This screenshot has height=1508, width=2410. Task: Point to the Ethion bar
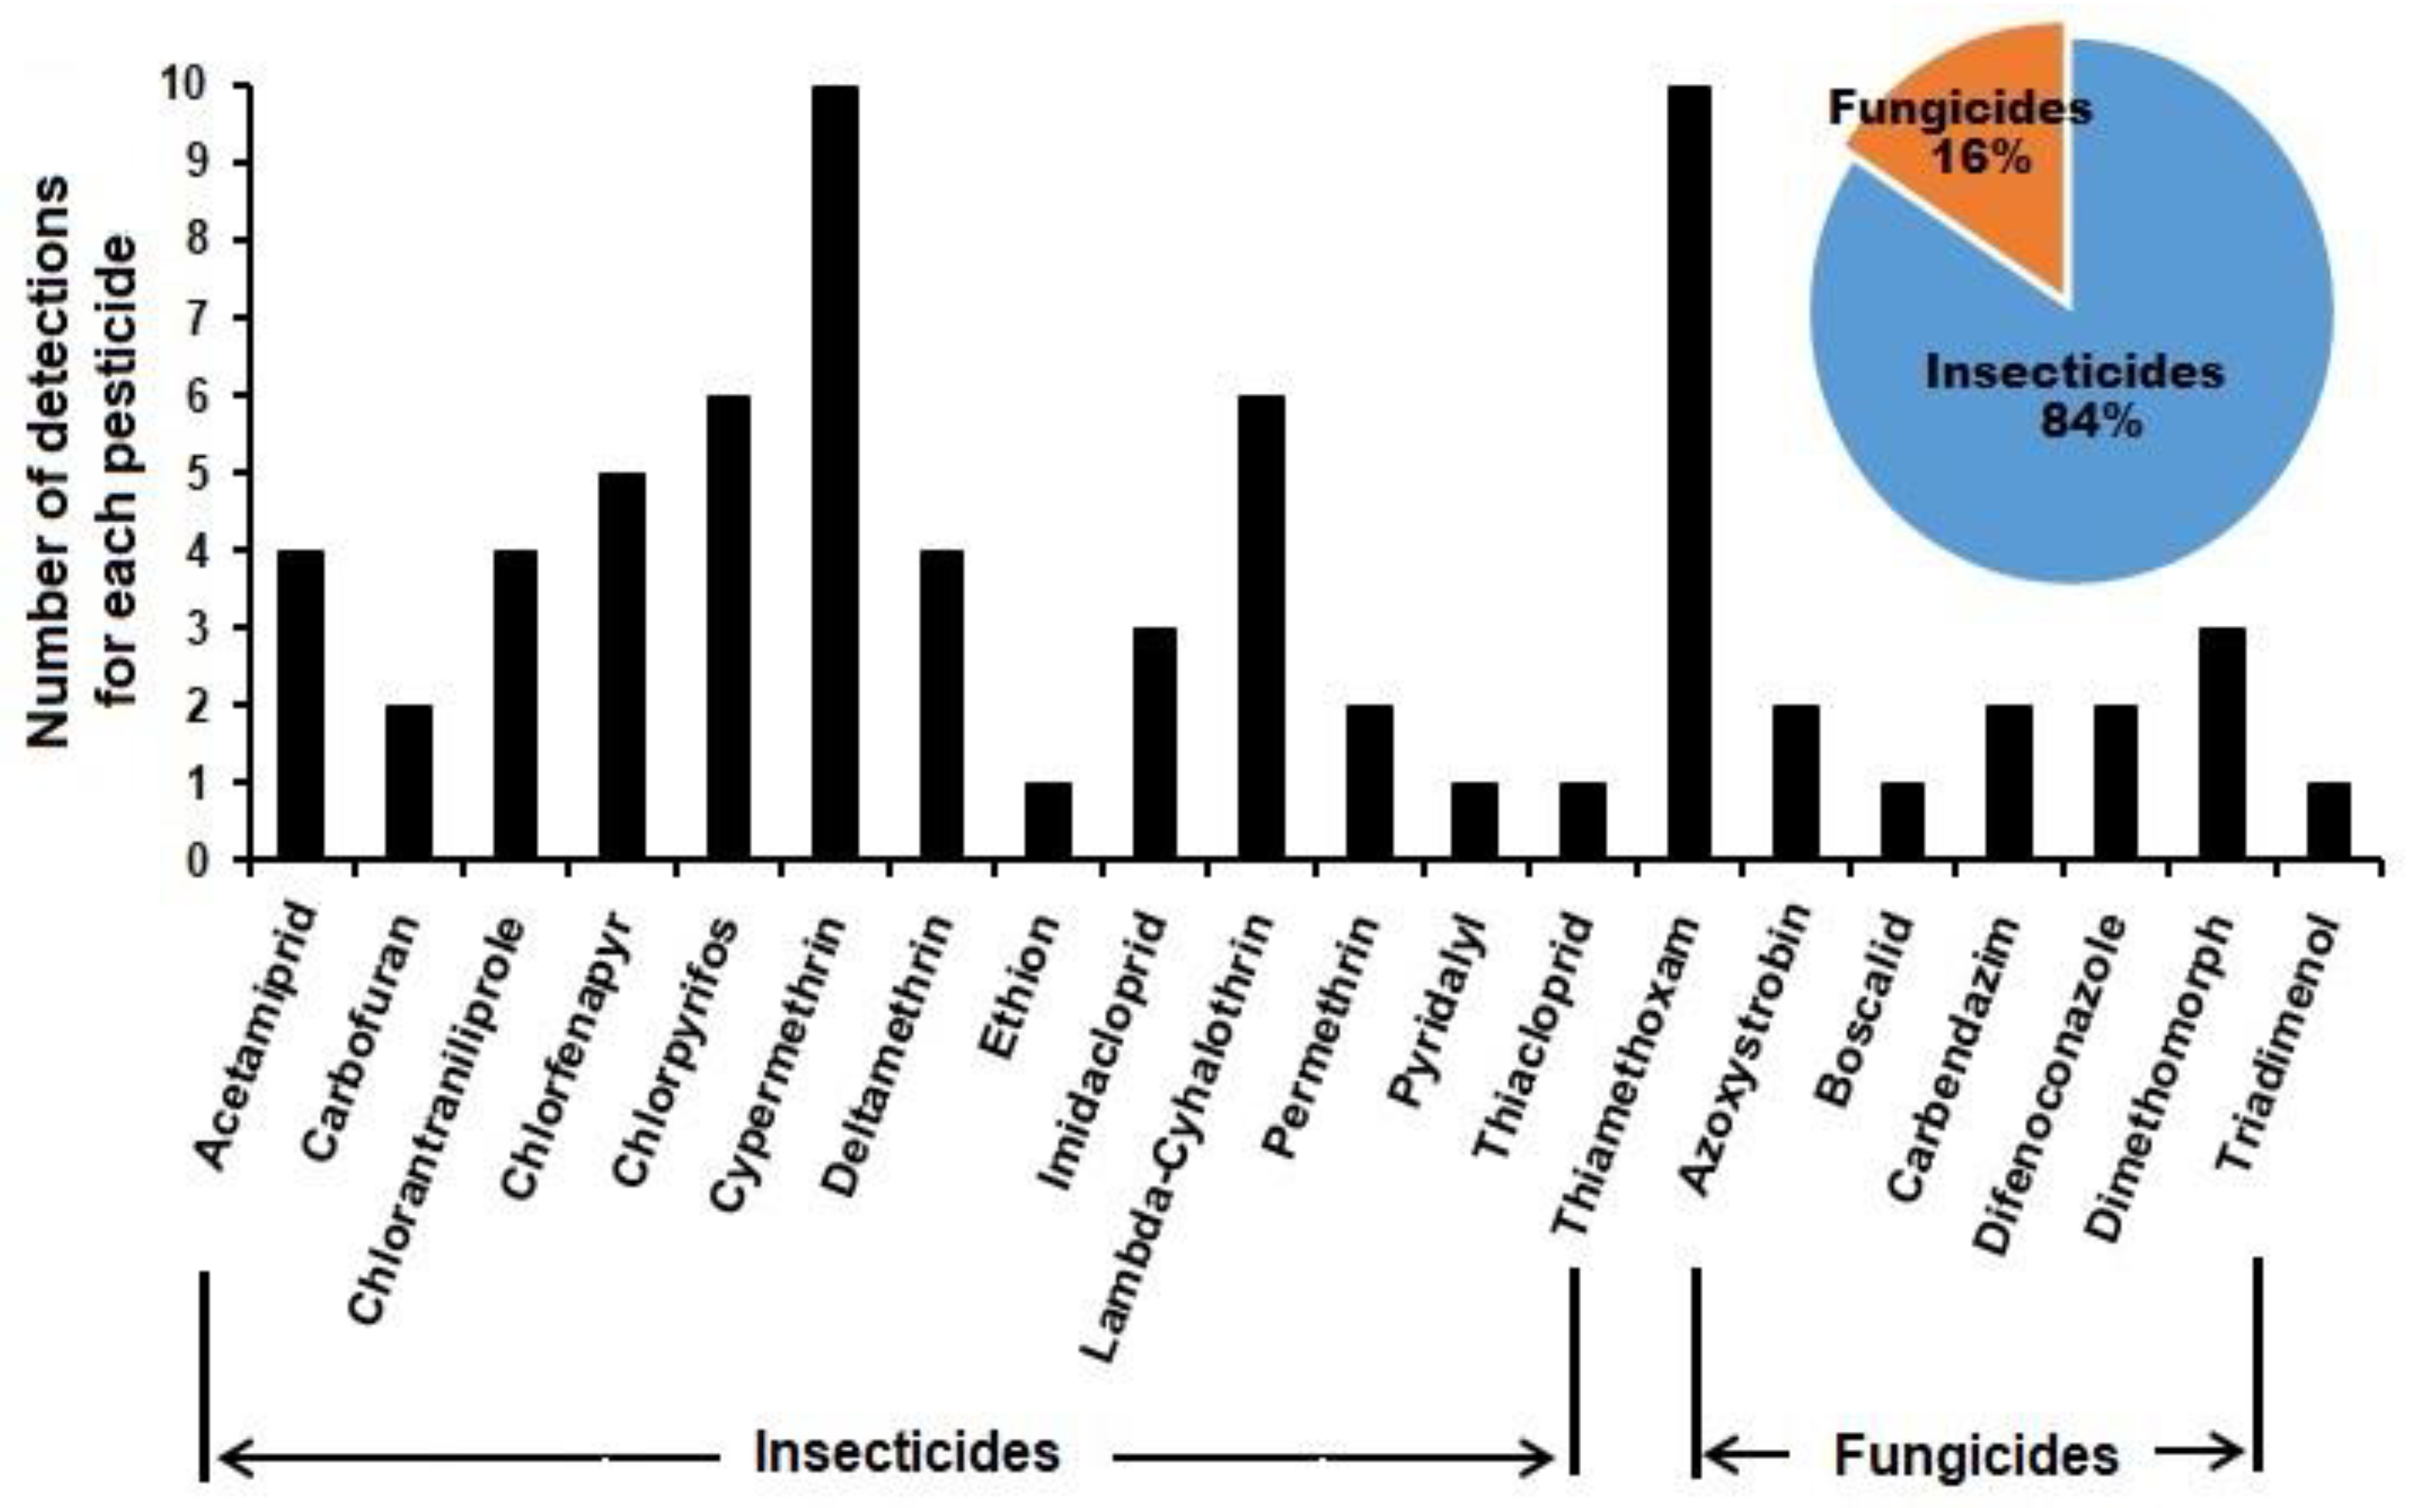click(1048, 820)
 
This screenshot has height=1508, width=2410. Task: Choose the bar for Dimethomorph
click(2221, 743)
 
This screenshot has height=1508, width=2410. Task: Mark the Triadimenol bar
click(2328, 820)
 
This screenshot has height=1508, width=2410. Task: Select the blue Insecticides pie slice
click(2143, 479)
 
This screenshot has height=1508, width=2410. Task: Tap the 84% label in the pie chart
click(2090, 421)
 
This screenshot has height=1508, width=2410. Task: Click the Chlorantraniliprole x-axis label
click(435, 1122)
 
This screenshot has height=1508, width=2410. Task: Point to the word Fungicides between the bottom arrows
click(1975, 1456)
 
